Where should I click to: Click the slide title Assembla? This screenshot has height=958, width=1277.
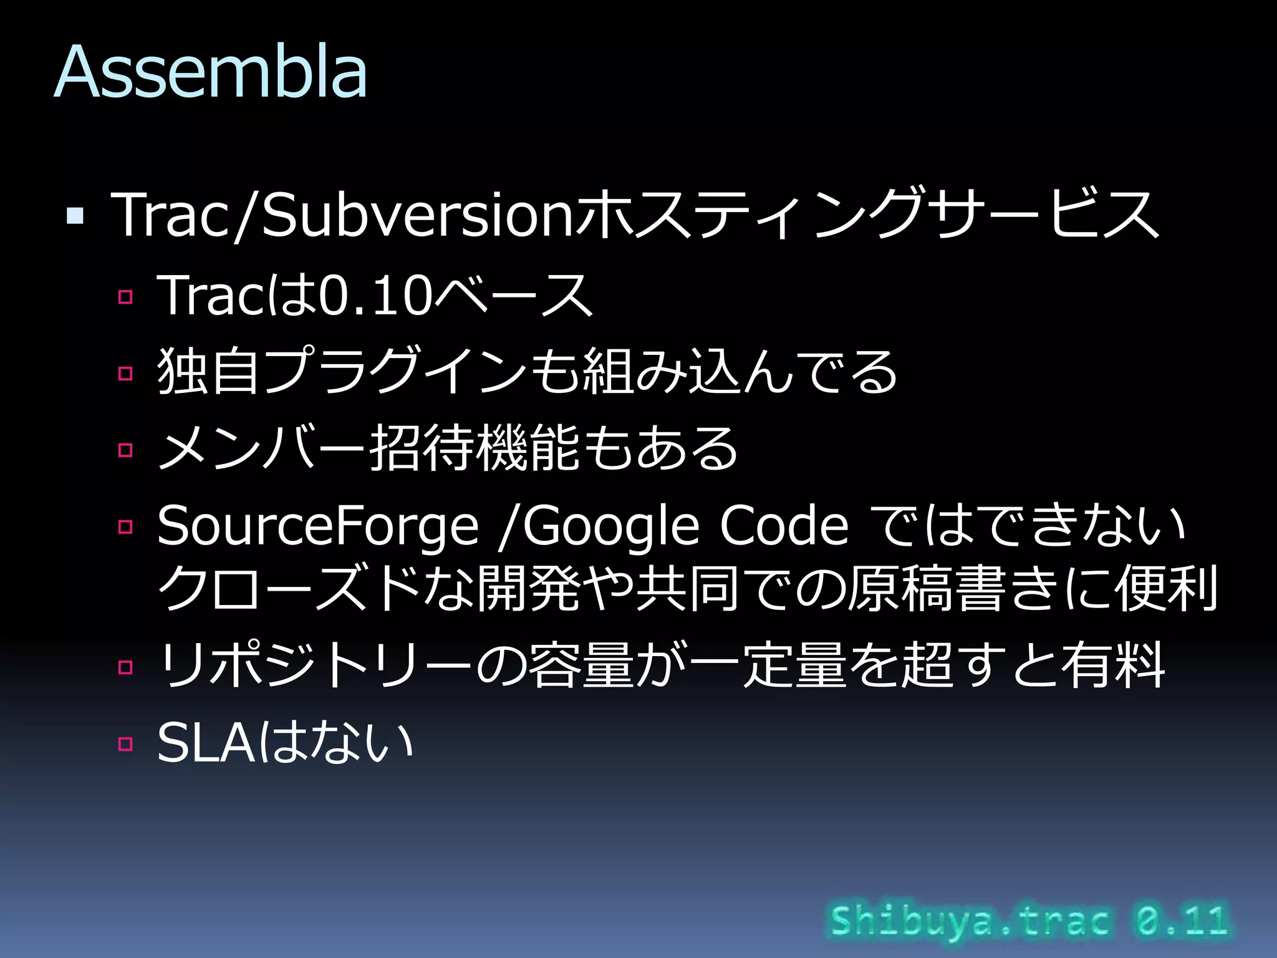click(x=211, y=72)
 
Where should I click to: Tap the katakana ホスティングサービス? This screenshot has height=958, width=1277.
click(x=867, y=215)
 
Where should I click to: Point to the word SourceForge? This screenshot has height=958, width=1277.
click(x=318, y=526)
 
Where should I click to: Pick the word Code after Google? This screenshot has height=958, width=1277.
click(x=784, y=526)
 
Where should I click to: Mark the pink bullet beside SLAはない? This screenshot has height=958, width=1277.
click(x=125, y=743)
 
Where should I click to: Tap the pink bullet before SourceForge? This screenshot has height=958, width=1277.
click(x=125, y=527)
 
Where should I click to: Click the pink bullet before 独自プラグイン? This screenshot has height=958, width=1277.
click(x=125, y=373)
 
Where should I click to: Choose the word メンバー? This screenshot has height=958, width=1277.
click(x=262, y=449)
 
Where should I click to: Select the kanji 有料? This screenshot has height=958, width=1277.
click(x=1113, y=665)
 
